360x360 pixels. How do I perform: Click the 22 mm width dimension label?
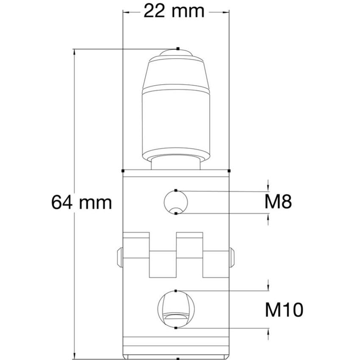(174, 11)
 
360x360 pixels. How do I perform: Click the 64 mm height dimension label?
(82, 202)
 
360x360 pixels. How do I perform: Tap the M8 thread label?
(278, 202)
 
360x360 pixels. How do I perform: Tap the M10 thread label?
(284, 310)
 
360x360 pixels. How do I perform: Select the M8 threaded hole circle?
(176, 202)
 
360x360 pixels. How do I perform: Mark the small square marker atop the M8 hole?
(176, 191)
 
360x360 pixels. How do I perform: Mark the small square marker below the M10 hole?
(176, 327)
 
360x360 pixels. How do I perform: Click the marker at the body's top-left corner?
(122, 171)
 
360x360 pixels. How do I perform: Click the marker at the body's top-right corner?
(229, 171)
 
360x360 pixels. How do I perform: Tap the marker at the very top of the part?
(178, 49)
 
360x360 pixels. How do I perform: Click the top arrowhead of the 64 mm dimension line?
(75, 53)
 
